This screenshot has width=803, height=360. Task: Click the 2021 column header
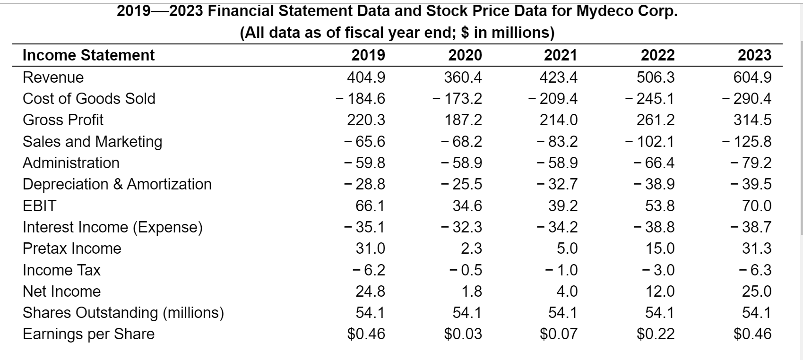560,55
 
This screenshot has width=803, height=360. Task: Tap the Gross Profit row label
63,120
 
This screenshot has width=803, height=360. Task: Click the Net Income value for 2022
660,291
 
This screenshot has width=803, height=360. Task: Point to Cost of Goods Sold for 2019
360,99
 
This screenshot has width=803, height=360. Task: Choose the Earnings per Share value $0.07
559,334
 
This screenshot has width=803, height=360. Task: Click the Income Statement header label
88,55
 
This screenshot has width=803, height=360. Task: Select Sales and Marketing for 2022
649,142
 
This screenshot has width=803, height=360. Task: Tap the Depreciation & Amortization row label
117,184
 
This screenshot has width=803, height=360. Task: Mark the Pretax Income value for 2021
567,249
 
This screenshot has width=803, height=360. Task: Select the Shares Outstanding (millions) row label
123,313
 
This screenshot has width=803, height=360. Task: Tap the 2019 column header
368,55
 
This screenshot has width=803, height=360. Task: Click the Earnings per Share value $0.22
656,334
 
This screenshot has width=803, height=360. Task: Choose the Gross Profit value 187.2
463,120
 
